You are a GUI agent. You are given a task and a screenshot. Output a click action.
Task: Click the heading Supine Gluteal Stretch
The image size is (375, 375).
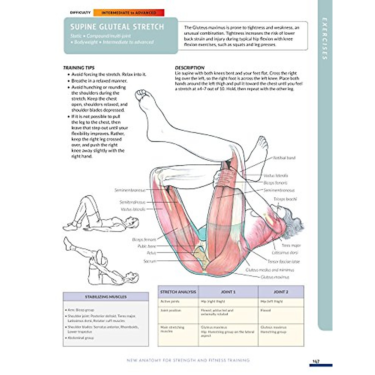[x=117, y=27]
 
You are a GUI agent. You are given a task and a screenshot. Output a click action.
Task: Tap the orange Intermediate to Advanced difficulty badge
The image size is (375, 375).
[x=128, y=13]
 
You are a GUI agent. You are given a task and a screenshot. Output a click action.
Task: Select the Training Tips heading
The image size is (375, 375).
[x=79, y=67]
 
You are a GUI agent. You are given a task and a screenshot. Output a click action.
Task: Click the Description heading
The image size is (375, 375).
[x=190, y=67]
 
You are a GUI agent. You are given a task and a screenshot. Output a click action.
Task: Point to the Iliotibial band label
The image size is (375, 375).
[x=284, y=158]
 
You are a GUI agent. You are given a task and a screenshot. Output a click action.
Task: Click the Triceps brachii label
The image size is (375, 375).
[x=285, y=199]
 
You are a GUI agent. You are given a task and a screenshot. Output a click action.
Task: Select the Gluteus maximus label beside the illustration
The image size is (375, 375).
[x=275, y=277]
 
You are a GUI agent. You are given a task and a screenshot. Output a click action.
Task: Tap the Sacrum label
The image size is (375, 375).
[x=150, y=261]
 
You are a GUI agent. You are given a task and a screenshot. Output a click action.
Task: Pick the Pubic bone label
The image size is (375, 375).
[x=147, y=246]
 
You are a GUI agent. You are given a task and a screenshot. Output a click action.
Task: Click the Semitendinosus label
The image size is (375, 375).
[x=132, y=202]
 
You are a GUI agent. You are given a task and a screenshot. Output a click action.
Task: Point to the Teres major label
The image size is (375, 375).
[x=291, y=246]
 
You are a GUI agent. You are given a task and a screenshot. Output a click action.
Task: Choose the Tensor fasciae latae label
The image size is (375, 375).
[x=283, y=262]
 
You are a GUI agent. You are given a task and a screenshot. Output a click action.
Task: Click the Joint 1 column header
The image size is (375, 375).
[x=228, y=292]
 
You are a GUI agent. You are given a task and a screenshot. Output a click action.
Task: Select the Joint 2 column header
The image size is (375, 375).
[x=281, y=292]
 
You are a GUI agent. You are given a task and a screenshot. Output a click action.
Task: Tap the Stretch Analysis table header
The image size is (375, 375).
[x=178, y=292]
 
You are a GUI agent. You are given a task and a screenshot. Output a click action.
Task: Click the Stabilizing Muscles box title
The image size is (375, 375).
[x=106, y=297]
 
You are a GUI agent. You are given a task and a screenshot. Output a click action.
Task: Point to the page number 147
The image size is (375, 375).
[x=316, y=361]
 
